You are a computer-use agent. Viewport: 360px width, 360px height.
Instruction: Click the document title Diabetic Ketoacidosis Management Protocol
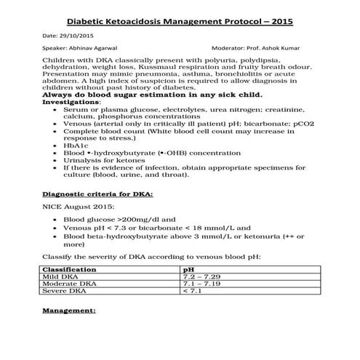180,22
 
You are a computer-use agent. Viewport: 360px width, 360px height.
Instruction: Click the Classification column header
72,269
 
